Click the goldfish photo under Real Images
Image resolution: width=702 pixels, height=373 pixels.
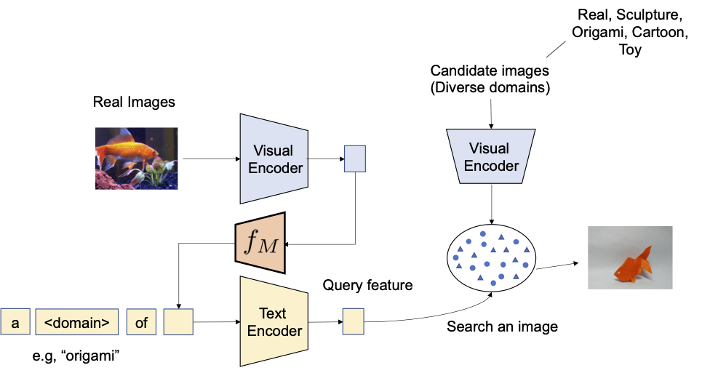coord(137,159)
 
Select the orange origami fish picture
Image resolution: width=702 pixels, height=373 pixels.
coord(630,258)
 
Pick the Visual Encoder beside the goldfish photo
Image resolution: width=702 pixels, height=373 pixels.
coord(273,159)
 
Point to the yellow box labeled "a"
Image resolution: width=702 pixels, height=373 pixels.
coord(15,321)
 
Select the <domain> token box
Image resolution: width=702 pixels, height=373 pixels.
coord(76,321)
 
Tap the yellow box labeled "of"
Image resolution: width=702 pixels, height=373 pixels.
coord(141,321)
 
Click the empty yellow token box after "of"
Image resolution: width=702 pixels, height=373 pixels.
coord(178,321)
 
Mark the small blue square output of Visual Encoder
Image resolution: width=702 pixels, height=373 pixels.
coord(354,158)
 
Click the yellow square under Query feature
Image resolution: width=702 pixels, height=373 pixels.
coord(354,321)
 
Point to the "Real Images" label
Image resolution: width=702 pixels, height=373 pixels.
coord(134,103)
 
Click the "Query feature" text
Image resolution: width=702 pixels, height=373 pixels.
coord(367,285)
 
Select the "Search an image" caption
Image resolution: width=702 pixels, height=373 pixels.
coord(502,326)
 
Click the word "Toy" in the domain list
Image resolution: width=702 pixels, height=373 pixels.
coord(629,50)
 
